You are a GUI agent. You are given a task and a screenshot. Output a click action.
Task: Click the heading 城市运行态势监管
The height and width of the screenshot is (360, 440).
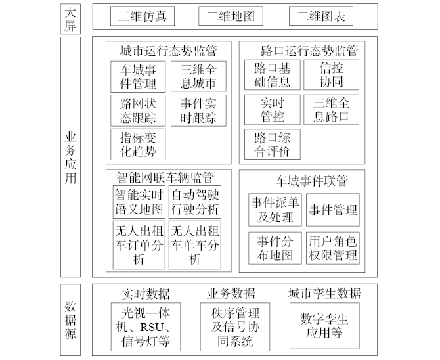point(168,51)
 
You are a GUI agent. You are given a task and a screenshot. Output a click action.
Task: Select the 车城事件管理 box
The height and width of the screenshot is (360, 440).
point(138,76)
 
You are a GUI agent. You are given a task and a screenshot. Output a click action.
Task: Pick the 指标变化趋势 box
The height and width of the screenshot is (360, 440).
point(138,145)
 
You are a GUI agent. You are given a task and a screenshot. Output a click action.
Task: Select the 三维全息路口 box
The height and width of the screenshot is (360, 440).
point(332,110)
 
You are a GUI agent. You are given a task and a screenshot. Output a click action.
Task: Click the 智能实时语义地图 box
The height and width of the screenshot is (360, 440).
point(138,202)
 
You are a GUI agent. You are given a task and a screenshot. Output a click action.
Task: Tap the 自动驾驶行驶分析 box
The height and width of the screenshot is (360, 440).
point(195,202)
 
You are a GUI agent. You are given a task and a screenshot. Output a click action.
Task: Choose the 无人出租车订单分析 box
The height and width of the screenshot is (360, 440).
point(138,245)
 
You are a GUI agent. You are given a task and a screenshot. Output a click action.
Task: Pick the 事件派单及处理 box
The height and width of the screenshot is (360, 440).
point(275,210)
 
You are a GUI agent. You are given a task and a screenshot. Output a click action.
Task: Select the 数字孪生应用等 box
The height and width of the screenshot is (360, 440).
point(324,325)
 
